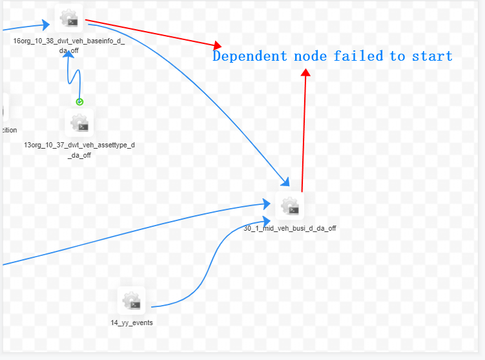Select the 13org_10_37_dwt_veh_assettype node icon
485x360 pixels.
click(x=79, y=122)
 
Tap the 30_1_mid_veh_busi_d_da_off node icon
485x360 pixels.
click(x=289, y=206)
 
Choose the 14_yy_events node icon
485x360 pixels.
click(x=132, y=301)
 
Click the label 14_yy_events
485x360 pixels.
click(x=132, y=323)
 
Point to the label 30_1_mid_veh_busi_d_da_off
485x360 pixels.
click(x=289, y=228)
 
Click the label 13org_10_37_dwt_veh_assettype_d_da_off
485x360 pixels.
click(x=79, y=150)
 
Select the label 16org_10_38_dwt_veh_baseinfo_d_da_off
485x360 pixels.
click(x=69, y=45)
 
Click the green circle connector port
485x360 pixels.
click(x=79, y=101)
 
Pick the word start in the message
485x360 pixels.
click(x=433, y=56)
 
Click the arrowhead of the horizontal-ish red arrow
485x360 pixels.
click(x=218, y=46)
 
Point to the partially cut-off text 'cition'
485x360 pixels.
click(x=8, y=130)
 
